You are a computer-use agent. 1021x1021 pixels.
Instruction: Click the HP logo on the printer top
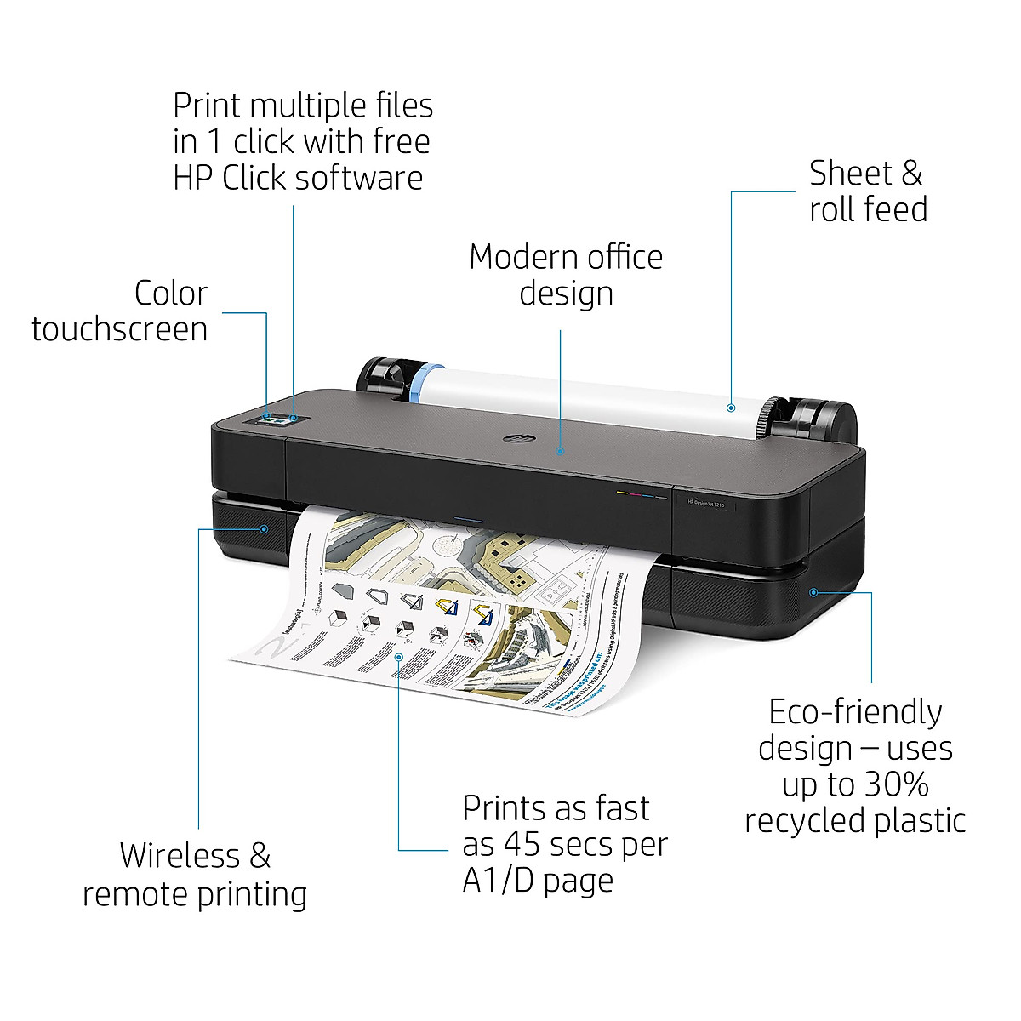tap(511, 439)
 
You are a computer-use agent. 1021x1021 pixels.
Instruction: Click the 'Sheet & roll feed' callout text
tap(868, 191)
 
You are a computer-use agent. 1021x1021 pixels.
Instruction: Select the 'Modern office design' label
tap(566, 274)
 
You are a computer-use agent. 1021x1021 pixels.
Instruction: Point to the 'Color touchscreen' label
tap(120, 311)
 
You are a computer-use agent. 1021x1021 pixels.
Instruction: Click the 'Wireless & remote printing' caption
tap(195, 875)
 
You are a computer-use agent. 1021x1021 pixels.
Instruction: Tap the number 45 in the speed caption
tap(522, 844)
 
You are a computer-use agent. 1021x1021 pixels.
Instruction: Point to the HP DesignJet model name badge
tap(707, 504)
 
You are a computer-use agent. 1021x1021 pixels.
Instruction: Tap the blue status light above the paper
tap(469, 517)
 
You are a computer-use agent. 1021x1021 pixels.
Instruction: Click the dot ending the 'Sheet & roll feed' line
tap(731, 408)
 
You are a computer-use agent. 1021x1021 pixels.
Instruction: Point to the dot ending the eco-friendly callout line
tap(813, 591)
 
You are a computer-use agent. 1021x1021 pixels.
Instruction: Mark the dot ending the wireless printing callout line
tap(264, 529)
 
